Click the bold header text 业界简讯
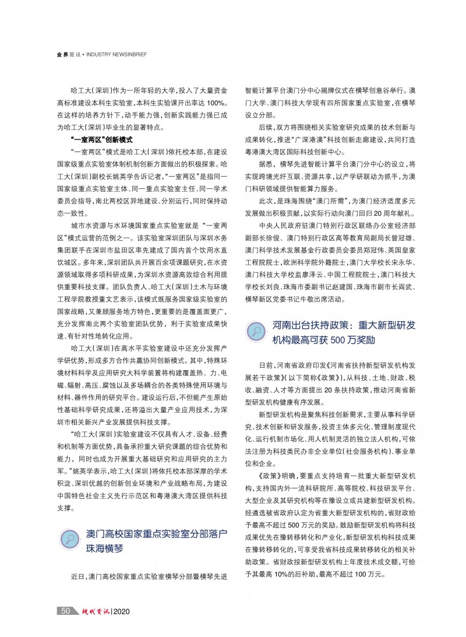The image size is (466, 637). (69, 55)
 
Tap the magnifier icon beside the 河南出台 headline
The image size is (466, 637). (256, 330)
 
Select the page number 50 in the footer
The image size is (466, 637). (65, 611)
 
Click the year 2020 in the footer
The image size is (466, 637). (123, 611)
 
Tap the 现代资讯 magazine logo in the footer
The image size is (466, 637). (93, 611)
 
